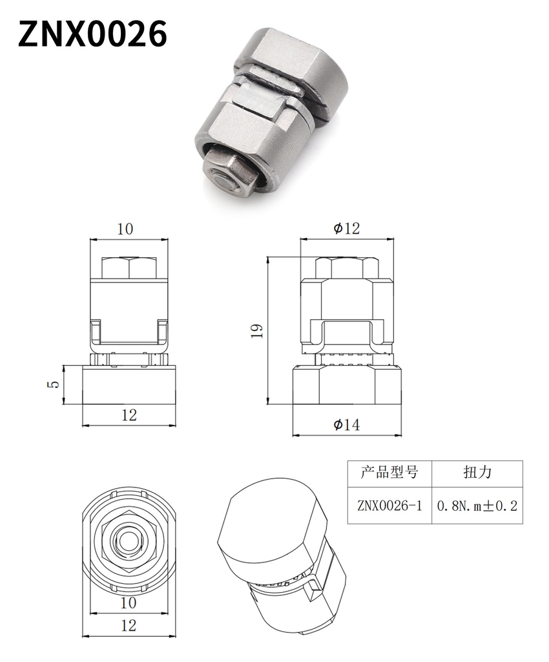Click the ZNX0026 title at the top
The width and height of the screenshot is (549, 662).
click(92, 34)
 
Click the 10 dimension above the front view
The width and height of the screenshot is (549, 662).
click(125, 229)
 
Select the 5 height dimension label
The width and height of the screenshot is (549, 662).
click(54, 384)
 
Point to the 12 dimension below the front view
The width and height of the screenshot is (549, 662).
click(129, 416)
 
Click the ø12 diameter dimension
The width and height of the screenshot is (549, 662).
click(347, 228)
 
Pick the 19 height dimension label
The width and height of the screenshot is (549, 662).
click(257, 330)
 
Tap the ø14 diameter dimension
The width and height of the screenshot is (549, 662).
click(347, 424)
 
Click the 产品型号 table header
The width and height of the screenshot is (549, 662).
click(389, 472)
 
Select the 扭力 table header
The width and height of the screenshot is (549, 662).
click(477, 472)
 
